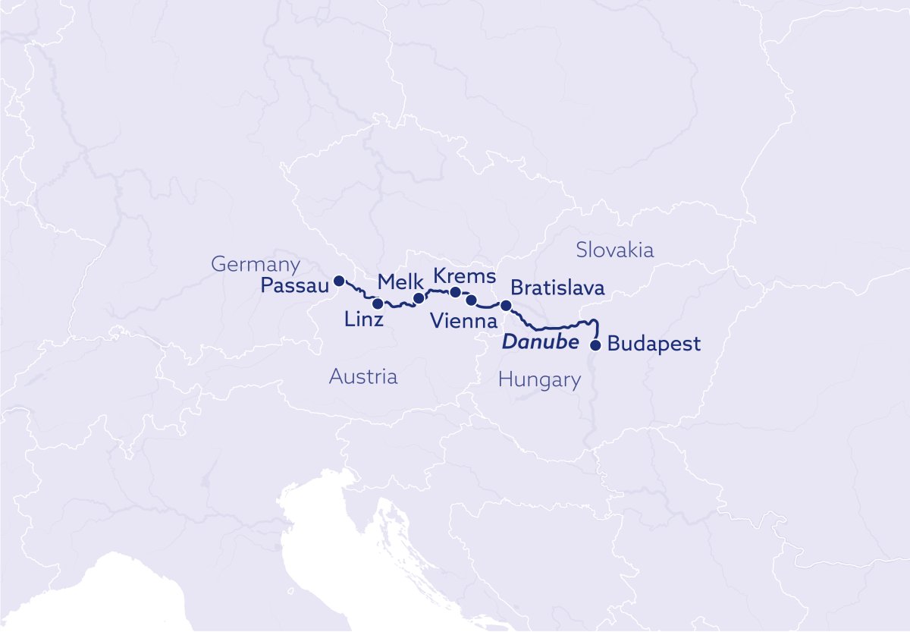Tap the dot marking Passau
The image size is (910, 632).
pyautogui.click(x=339, y=280)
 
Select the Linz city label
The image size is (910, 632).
pyautogui.click(x=363, y=320)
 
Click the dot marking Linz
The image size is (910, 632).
pyautogui.click(x=378, y=303)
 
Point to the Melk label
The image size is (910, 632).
pyautogui.click(x=394, y=282)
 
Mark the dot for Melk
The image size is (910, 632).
pyautogui.click(x=418, y=298)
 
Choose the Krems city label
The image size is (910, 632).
pyautogui.click(x=464, y=275)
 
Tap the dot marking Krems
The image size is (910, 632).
pyautogui.click(x=455, y=292)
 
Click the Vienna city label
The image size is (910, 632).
pyautogui.click(x=463, y=321)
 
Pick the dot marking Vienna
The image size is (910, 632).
pyautogui.click(x=471, y=300)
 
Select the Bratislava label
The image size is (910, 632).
pyautogui.click(x=557, y=289)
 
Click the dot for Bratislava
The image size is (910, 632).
pyautogui.click(x=506, y=305)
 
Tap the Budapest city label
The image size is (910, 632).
pyautogui.click(x=654, y=344)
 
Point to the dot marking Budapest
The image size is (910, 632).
pyautogui.click(x=595, y=345)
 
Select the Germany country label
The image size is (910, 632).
pyautogui.click(x=256, y=265)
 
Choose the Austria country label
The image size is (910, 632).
pyautogui.click(x=362, y=377)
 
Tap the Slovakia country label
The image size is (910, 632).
pyautogui.click(x=614, y=250)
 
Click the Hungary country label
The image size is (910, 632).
pyautogui.click(x=539, y=380)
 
